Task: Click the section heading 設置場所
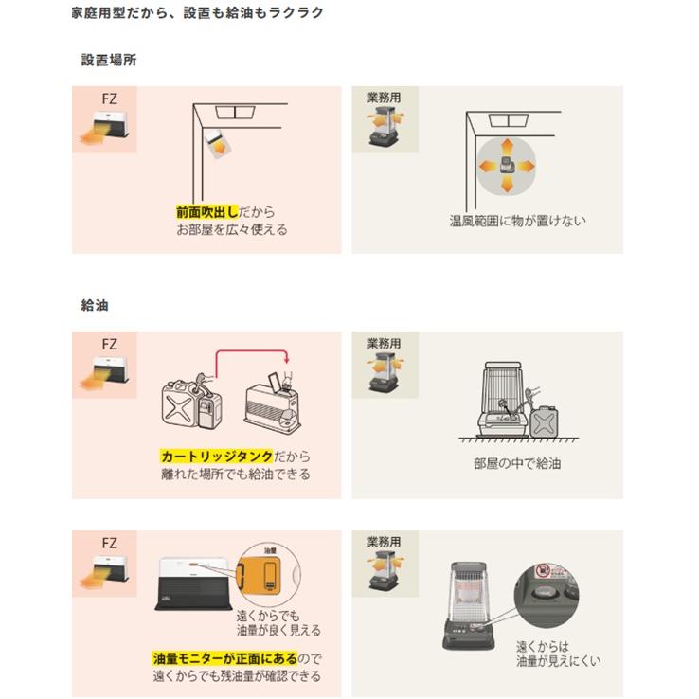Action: point(109,60)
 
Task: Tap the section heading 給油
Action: point(95,306)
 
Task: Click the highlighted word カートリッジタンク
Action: point(217,457)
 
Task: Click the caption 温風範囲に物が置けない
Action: point(517,221)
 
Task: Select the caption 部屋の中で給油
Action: point(517,465)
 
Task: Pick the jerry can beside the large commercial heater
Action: point(544,424)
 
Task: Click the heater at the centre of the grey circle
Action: point(506,167)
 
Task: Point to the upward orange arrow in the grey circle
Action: point(506,145)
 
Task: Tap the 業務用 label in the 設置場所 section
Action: point(383,99)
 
